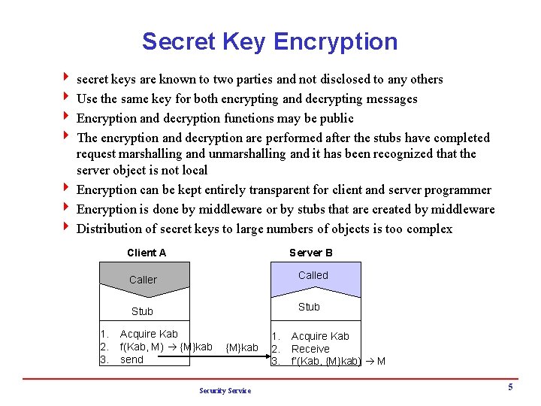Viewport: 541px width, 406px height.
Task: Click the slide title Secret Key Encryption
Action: (270, 41)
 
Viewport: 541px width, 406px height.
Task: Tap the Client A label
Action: (147, 253)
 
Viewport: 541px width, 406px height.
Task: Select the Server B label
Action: (311, 253)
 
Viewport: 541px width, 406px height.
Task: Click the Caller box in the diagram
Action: (143, 280)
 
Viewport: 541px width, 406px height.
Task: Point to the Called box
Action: (313, 275)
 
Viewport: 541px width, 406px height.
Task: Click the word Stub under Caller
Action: (142, 311)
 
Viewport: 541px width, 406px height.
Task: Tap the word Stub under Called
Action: (309, 307)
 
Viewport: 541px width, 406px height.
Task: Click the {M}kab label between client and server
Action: (241, 347)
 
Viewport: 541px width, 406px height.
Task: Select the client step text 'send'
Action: (131, 360)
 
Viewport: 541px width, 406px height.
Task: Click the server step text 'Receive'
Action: (310, 349)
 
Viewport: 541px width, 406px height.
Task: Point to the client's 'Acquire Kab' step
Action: (149, 334)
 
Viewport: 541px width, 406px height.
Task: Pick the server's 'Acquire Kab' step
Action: (320, 337)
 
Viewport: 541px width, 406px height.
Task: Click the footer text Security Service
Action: (225, 390)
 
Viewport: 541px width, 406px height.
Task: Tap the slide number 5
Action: (510, 387)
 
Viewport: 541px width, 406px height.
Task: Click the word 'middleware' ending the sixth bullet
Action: (462, 210)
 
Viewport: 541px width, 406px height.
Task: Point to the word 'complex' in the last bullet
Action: (430, 229)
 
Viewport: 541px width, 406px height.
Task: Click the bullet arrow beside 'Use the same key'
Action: (67, 98)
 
